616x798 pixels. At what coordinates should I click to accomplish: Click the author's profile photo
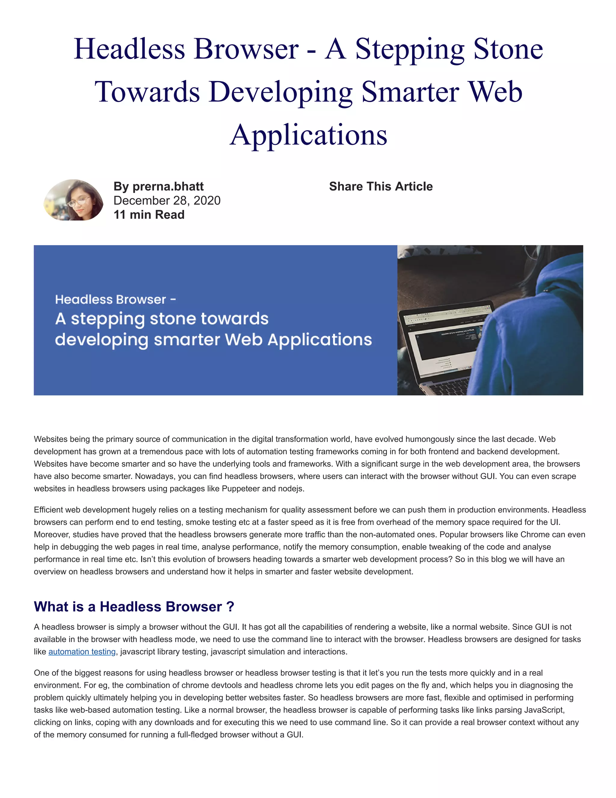click(73, 200)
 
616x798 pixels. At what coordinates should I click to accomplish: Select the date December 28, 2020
click(167, 201)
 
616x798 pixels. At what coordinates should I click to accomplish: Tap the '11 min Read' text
click(149, 215)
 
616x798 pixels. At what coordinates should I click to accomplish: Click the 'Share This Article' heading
click(380, 186)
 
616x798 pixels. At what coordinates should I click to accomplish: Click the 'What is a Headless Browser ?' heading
click(134, 606)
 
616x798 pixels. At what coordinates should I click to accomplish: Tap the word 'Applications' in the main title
click(308, 135)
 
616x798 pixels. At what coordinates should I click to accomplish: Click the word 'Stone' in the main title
click(508, 49)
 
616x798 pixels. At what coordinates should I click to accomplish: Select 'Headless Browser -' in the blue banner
click(115, 300)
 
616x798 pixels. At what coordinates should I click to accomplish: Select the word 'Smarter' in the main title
click(410, 92)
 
